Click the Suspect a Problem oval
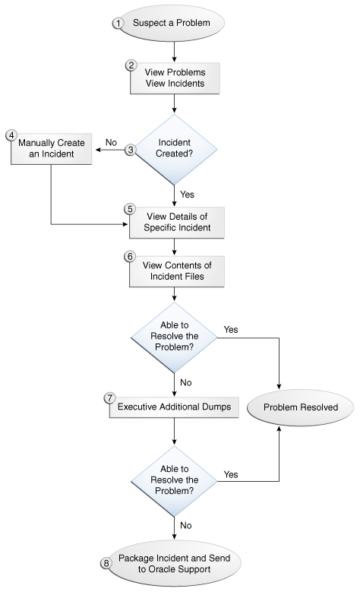coord(175,23)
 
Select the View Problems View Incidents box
coord(175,78)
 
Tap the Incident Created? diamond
coord(175,151)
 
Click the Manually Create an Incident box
coord(50,149)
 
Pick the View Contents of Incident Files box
coord(175,270)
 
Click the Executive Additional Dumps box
coord(175,407)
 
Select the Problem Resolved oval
coord(300,407)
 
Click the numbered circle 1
coord(118,23)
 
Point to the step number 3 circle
coord(130,150)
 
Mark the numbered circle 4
coord(11,135)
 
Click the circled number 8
coord(106,563)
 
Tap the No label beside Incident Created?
coord(111,141)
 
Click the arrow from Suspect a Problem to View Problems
coord(175,50)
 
